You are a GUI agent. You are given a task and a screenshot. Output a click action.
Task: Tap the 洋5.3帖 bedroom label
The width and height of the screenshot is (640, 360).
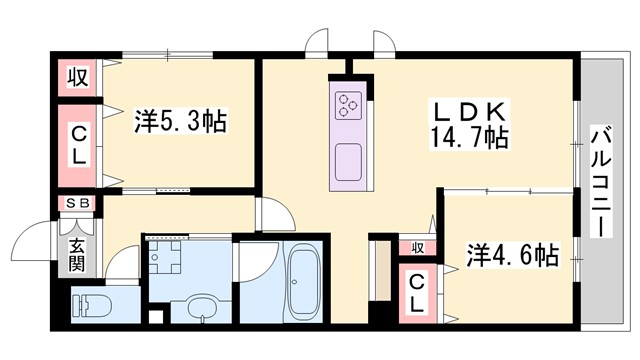180,123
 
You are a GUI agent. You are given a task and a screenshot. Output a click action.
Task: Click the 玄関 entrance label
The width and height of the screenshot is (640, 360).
77,256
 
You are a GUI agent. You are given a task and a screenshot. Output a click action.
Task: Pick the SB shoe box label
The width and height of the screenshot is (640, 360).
77,203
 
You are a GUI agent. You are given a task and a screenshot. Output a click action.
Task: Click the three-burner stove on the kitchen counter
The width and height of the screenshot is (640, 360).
348,103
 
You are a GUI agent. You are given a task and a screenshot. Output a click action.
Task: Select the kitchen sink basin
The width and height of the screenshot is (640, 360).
348,160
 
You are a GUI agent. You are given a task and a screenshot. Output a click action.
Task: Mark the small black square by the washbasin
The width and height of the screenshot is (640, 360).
155,317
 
